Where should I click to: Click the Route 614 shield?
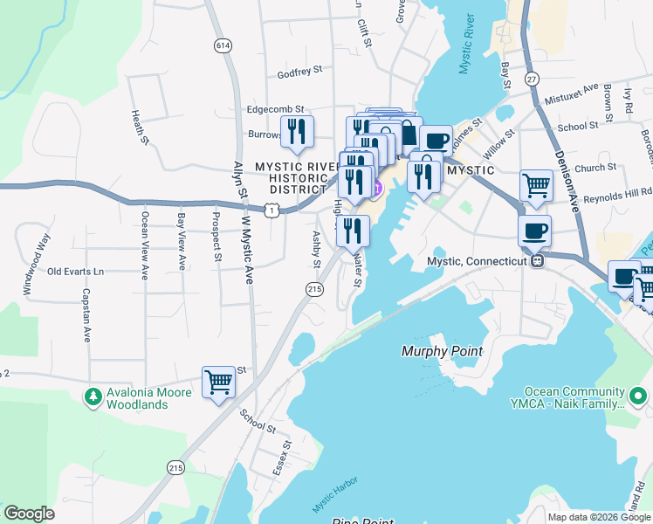pyautogui.click(x=223, y=45)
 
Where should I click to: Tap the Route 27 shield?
pyautogui.click(x=531, y=79)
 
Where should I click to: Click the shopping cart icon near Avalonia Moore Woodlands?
pyautogui.click(x=218, y=382)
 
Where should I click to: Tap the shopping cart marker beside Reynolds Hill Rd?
pyautogui.click(x=535, y=184)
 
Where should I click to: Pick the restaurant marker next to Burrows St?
pyautogui.click(x=297, y=131)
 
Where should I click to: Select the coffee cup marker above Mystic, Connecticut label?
pyautogui.click(x=534, y=231)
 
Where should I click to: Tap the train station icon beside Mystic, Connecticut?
pyautogui.click(x=539, y=260)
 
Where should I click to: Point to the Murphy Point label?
pyautogui.click(x=442, y=351)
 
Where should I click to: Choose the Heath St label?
pyautogui.click(x=136, y=127)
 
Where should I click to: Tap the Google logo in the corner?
pyautogui.click(x=30, y=514)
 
